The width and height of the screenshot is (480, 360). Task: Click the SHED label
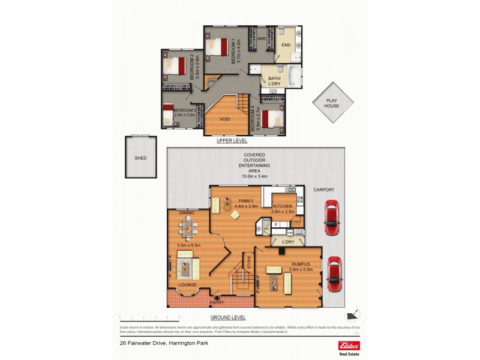pyautogui.click(x=140, y=158)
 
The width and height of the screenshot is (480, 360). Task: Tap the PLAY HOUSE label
pyautogui.click(x=332, y=103)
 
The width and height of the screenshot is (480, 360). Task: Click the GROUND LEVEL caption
pyautogui.click(x=229, y=316)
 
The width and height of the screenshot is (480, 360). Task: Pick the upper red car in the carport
pyautogui.click(x=331, y=218)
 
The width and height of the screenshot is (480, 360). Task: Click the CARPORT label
pyautogui.click(x=323, y=190)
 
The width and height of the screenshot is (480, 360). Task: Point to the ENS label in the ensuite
pyautogui.click(x=286, y=44)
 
